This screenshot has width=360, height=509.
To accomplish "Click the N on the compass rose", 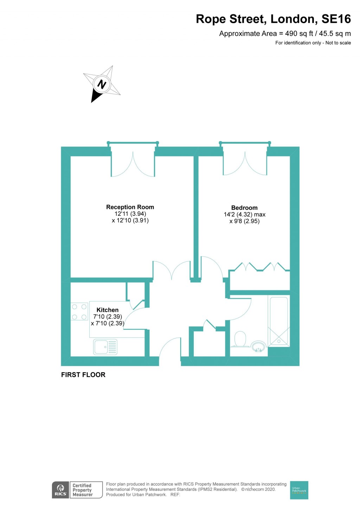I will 102,84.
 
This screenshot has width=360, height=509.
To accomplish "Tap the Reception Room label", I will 130,207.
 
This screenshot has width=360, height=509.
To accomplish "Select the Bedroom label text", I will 244,208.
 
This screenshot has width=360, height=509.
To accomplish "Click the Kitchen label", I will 107,310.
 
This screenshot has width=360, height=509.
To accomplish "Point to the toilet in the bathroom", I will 240,339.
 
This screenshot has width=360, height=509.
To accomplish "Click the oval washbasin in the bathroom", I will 259,346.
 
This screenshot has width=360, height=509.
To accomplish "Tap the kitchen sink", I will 105,347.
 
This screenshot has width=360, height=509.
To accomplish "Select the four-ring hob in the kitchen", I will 79,312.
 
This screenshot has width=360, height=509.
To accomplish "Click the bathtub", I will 279,321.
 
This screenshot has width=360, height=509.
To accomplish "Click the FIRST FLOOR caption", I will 83,375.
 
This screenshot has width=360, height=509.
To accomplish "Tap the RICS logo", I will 60,490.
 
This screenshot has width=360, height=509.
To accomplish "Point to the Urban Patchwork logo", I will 299,490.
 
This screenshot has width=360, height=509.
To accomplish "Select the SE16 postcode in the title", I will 336,19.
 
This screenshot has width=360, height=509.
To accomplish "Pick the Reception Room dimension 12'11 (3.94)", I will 130,214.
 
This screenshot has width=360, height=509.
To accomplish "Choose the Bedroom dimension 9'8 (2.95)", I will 245,221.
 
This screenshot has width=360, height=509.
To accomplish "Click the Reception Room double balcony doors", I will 133,163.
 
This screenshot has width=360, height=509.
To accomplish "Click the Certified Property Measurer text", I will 83,490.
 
